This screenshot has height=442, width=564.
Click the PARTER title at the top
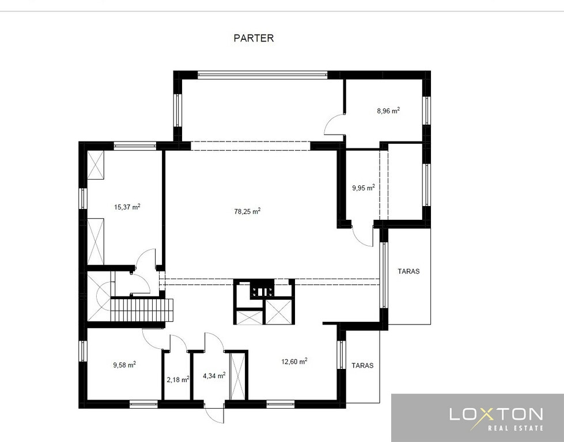(253, 38)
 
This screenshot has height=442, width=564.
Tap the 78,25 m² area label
(248, 211)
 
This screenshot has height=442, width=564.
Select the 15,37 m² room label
(127, 207)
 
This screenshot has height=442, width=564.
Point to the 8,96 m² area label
(388, 110)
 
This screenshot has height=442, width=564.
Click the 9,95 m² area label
(364, 188)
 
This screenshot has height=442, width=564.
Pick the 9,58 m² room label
(124, 365)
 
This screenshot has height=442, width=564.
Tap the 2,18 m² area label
(178, 379)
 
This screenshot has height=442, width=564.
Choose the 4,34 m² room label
(214, 376)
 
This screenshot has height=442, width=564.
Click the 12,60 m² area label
(294, 361)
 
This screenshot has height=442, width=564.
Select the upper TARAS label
(408, 271)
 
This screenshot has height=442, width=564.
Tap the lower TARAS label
(362, 365)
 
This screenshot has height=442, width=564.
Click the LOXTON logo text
(496, 415)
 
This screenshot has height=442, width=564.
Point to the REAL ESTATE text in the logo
(516, 428)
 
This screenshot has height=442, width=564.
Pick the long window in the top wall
(262, 75)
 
